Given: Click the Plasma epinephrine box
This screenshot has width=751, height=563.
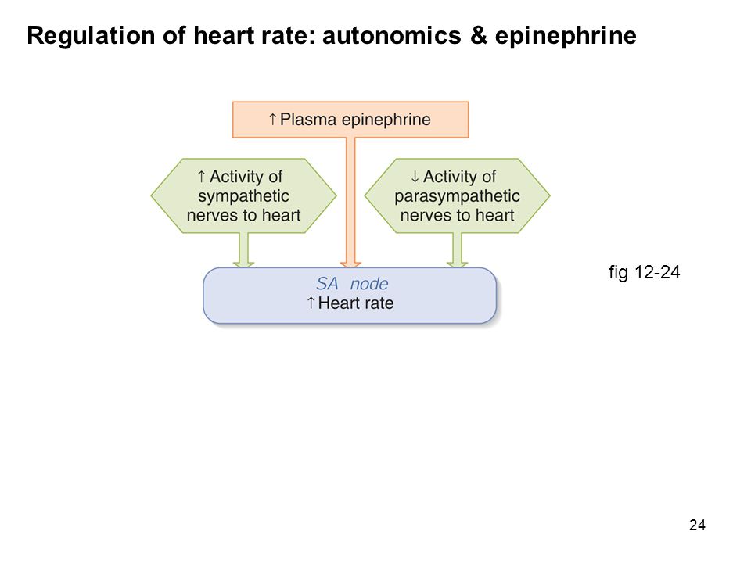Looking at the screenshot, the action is [350, 120].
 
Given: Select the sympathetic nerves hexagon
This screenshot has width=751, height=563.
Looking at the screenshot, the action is [244, 195].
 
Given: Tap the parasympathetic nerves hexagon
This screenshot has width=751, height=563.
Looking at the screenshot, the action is [458, 195].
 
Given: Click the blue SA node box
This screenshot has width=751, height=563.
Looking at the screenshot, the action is [350, 296].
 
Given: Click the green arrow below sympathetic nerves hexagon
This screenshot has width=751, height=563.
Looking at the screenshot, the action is [244, 250].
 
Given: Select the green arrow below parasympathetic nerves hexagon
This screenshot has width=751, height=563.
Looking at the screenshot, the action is [458, 250].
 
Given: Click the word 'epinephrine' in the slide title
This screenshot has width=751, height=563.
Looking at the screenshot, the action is [566, 37].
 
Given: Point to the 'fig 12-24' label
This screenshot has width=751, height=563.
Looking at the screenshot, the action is [644, 272].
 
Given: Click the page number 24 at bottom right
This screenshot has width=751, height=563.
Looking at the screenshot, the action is [697, 525].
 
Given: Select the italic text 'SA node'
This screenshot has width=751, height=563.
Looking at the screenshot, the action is [352, 283].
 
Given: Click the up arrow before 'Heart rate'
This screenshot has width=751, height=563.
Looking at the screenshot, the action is [311, 303].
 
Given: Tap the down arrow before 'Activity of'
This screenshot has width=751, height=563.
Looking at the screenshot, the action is [415, 177].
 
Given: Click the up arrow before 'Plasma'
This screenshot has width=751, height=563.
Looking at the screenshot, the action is [272, 119].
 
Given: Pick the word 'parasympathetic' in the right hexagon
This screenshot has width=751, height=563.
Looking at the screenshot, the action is [458, 197].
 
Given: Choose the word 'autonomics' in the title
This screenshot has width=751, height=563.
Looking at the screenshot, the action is [392, 35].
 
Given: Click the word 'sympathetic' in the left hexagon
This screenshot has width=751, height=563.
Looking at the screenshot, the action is [244, 197].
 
